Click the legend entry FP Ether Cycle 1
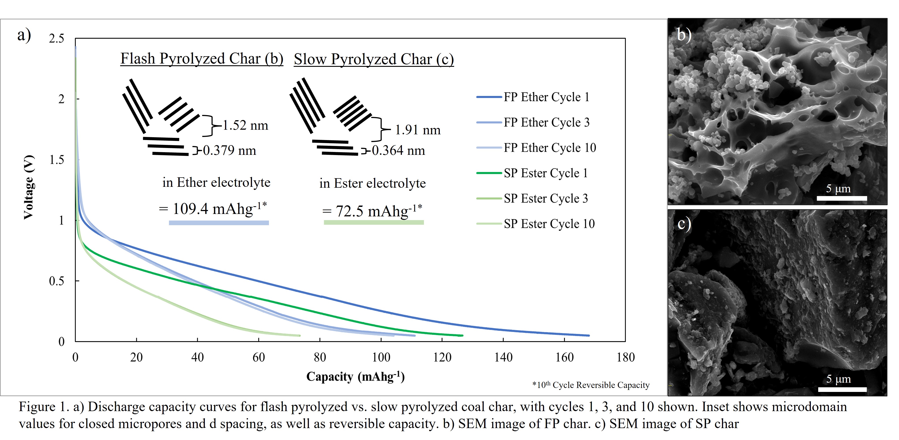click(x=546, y=97)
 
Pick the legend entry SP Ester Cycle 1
click(x=545, y=173)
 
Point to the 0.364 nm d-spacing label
click(x=398, y=150)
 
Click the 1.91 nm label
click(x=417, y=130)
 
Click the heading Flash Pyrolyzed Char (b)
click(x=202, y=59)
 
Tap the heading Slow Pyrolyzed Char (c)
click(x=373, y=59)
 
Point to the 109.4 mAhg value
click(x=213, y=209)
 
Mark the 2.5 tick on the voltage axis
click(x=56, y=38)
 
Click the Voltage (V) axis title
click(x=29, y=187)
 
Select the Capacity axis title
click(x=355, y=376)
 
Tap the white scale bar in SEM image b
click(x=841, y=198)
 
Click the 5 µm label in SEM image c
click(x=838, y=379)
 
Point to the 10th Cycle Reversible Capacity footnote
click(x=591, y=385)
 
